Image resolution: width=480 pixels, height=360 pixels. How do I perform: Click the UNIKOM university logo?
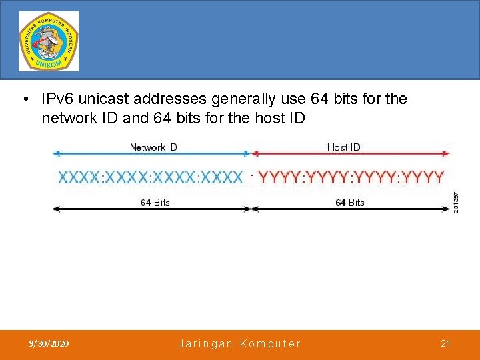(48, 41)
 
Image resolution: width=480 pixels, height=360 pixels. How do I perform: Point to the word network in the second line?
(66, 118)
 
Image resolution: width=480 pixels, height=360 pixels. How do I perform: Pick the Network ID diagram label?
(153, 147)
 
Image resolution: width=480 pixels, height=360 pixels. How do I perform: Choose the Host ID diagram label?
(343, 147)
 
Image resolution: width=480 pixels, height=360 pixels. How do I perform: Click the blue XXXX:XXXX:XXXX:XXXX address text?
(151, 177)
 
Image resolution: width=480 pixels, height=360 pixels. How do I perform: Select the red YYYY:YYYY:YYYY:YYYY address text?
(351, 177)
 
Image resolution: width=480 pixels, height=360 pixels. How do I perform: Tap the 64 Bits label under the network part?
(155, 203)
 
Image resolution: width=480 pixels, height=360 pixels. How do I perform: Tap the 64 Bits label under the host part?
(350, 203)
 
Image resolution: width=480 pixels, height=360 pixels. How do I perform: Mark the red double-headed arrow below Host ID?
(351, 154)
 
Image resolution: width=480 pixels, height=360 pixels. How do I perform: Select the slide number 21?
(445, 343)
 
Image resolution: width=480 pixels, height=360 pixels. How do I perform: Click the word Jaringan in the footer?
(205, 344)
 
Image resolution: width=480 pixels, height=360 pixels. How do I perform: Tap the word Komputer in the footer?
(270, 344)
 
